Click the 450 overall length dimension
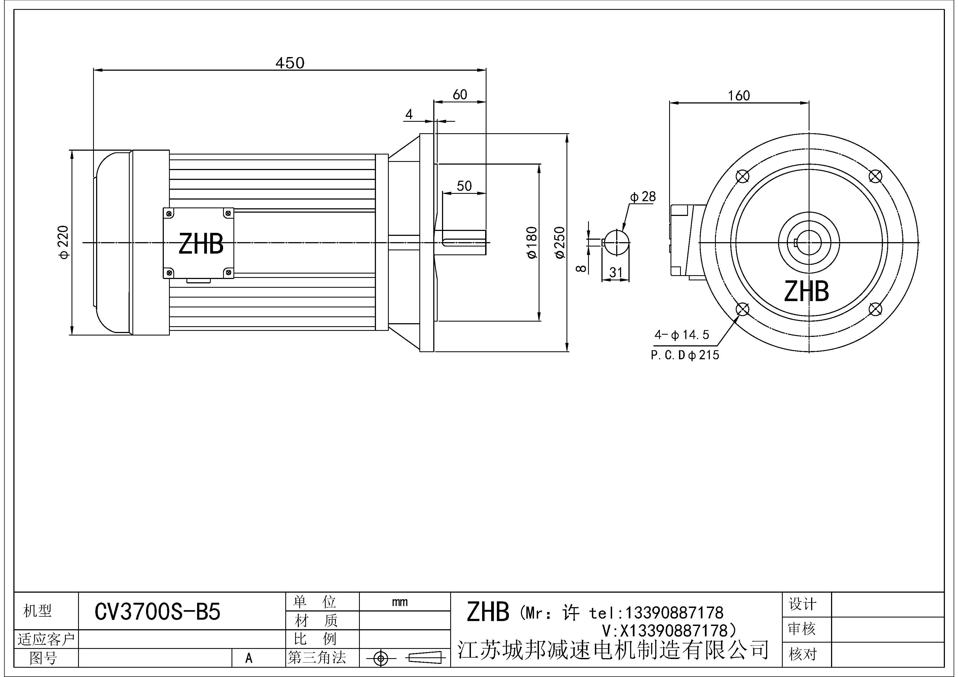coord(290,63)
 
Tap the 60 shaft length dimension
coord(460,95)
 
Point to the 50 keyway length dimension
coord(464,186)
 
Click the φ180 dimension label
coord(532,242)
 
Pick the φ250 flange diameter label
coord(560,242)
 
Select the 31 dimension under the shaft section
coord(616,273)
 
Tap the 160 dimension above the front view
coord(739,96)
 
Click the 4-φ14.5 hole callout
coord(682,334)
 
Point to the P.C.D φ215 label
coord(685,355)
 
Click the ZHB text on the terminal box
coord(201,244)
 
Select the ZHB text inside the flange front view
coord(806,291)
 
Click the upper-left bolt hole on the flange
coord(743,176)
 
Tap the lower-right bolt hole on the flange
coord(875,309)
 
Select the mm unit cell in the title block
coord(400,602)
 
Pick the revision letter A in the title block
coord(249,658)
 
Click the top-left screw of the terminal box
coord(169,213)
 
